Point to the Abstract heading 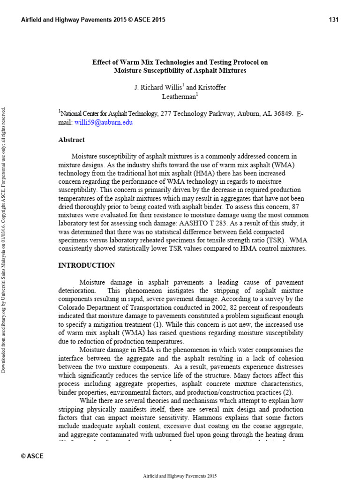click(x=71, y=140)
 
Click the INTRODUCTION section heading click(x=86, y=265)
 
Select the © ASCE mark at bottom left click(x=32, y=456)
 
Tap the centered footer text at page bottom click(x=180, y=475)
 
